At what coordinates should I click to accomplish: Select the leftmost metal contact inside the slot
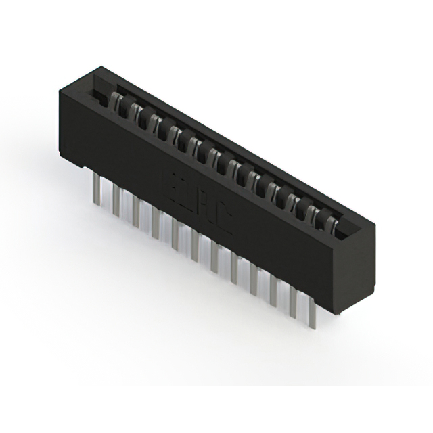115,102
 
